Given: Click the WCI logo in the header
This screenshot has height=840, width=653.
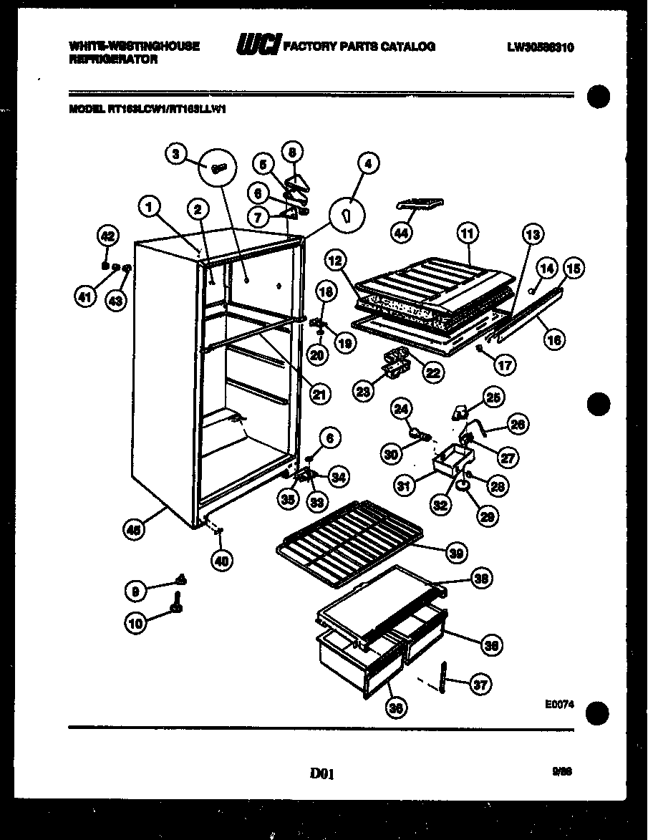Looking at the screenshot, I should [258, 45].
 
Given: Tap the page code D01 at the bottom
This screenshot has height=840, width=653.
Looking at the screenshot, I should [323, 773].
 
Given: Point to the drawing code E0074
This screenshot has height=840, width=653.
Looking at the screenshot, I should [559, 704].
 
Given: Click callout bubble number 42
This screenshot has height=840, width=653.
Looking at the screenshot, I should [107, 237].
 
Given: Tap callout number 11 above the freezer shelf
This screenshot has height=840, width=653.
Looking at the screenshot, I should [467, 233].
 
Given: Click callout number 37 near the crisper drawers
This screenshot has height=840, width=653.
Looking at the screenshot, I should [480, 685].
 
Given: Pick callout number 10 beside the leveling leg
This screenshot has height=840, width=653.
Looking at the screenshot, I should [136, 622].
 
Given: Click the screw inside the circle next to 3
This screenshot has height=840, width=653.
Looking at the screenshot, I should [219, 168].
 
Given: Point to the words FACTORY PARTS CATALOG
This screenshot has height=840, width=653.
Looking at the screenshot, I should [359, 47].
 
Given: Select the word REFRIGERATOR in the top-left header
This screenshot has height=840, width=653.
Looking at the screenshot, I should [113, 60].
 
